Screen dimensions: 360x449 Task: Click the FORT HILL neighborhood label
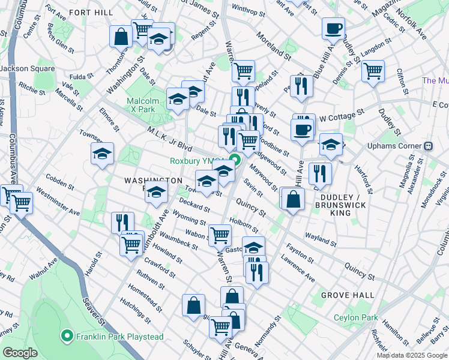[x=92, y=12]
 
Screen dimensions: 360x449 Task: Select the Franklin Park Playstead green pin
[x=67, y=337]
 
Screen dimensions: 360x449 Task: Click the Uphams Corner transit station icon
[x=429, y=146]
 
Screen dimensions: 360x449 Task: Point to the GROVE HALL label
[x=348, y=295]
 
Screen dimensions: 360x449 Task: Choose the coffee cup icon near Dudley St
[x=333, y=28]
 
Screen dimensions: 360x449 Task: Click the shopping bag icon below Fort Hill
[x=121, y=36]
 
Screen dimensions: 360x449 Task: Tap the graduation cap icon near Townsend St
[x=103, y=154]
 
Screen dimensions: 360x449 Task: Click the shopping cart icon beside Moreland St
[x=243, y=71]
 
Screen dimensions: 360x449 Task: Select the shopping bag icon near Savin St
[x=292, y=199]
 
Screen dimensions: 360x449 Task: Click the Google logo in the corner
[x=19, y=353]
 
